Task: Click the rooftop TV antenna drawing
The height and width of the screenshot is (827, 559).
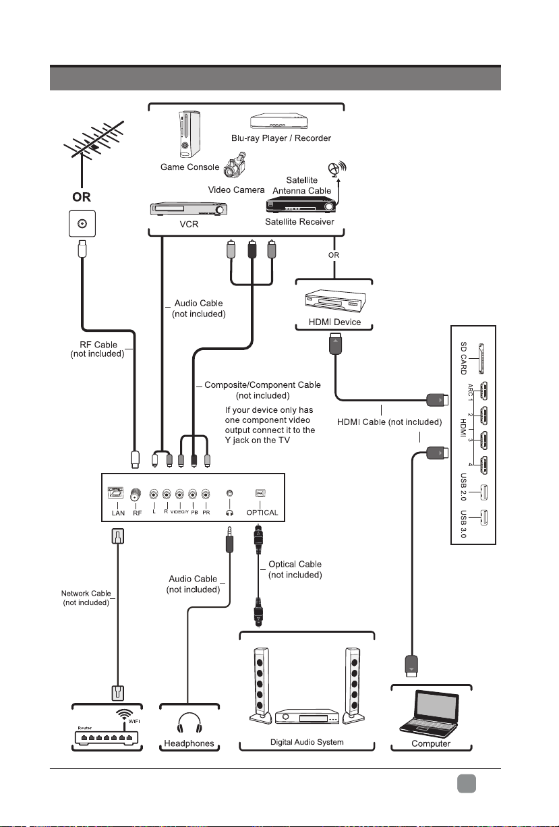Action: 94,146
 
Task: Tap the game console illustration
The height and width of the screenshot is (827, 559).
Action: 189,134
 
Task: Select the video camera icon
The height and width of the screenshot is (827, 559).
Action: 235,165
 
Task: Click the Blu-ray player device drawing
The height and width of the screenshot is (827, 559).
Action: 279,121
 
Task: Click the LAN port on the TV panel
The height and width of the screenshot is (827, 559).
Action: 115,492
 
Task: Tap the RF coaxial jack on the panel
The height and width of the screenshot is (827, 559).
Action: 136,494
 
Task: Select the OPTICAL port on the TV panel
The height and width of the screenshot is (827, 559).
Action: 260,493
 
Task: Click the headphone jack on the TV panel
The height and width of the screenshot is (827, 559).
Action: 229,493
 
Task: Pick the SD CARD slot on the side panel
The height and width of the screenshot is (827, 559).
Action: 481,359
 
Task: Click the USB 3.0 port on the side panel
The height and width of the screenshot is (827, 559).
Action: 483,517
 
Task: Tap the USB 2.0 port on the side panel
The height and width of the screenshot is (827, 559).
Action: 483,492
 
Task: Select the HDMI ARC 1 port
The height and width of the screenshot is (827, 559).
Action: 483,391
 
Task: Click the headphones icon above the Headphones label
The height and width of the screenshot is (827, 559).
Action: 189,723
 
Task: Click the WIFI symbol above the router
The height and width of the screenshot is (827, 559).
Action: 124,714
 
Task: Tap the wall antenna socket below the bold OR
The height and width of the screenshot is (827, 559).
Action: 82,224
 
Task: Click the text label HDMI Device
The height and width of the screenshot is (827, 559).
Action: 334,322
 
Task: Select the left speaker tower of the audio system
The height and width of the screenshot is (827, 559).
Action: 260,686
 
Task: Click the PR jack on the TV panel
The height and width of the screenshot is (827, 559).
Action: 206,494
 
